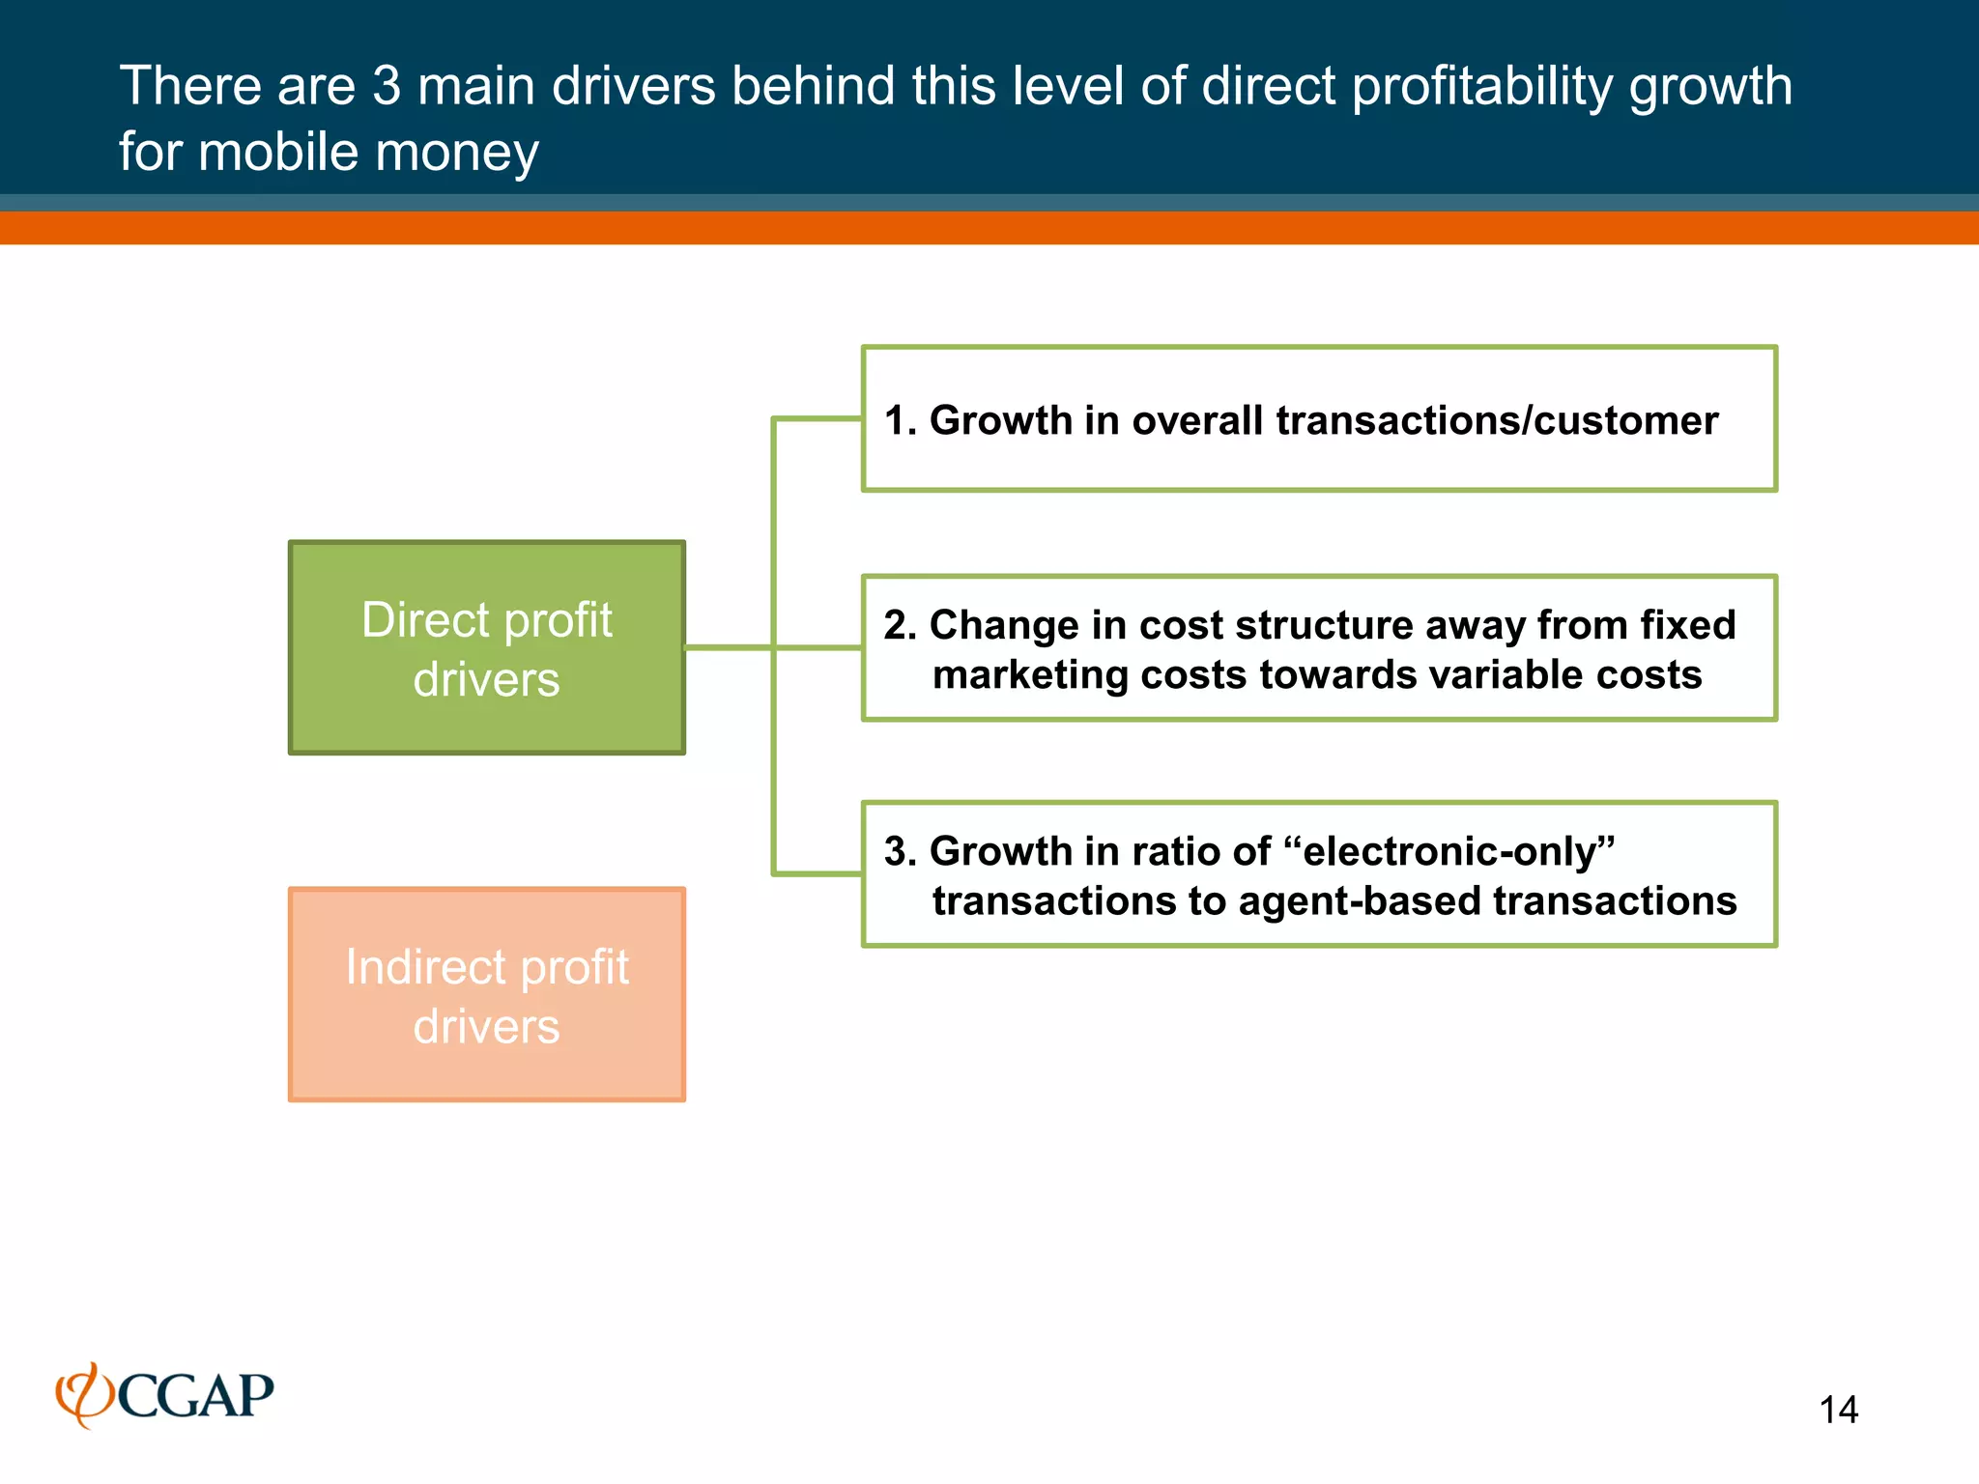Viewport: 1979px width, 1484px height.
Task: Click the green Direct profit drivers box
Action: click(x=487, y=647)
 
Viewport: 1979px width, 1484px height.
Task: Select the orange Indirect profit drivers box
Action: click(x=487, y=994)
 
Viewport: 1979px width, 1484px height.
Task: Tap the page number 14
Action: click(x=1838, y=1410)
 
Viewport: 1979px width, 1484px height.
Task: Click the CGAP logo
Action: click(x=165, y=1395)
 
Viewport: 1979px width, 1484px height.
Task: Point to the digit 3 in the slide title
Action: click(x=387, y=86)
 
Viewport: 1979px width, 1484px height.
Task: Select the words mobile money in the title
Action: click(x=368, y=153)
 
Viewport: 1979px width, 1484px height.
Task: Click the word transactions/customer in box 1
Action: click(x=1497, y=420)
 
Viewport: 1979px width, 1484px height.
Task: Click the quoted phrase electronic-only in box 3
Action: click(x=1449, y=851)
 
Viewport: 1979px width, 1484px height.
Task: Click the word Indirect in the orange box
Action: click(x=426, y=967)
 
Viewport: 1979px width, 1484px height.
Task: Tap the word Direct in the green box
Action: click(x=425, y=620)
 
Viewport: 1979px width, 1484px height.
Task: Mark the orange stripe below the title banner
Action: click(x=989, y=228)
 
